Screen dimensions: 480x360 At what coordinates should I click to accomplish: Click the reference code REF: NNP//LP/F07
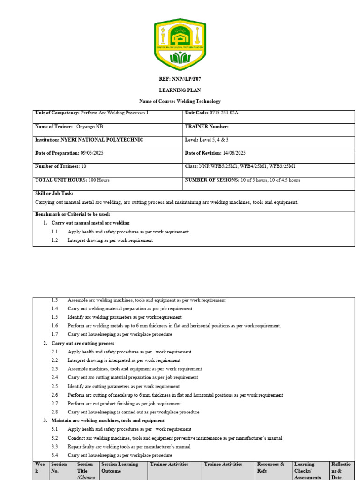pos(180,79)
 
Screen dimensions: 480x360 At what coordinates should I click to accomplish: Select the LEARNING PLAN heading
pos(180,90)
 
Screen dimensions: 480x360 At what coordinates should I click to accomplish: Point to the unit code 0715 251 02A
pos(221,113)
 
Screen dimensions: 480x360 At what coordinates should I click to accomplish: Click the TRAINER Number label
pos(207,127)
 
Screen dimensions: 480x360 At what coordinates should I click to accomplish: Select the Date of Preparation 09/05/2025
pos(91,153)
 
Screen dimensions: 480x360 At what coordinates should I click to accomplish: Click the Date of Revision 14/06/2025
pos(231,153)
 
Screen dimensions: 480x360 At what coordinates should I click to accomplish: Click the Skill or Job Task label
pos(54,194)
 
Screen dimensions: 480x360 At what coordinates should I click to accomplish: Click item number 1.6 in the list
pos(55,326)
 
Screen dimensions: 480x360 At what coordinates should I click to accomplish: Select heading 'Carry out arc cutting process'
pos(82,343)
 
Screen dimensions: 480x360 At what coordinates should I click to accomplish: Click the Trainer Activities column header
pos(169,464)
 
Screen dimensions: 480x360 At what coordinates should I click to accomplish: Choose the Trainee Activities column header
pos(223,464)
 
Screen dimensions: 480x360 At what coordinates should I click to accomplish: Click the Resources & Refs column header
pos(271,467)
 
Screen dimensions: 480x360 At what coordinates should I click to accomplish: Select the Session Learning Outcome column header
pos(120,467)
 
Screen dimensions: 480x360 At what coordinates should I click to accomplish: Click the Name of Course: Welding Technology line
pos(180,101)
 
